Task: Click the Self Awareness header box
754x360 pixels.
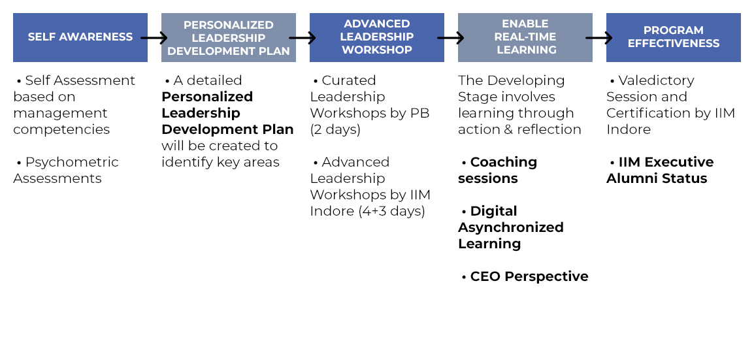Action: pyautogui.click(x=80, y=37)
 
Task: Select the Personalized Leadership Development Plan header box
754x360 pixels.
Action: pyautogui.click(x=229, y=37)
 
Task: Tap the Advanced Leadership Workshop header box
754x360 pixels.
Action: pyautogui.click(x=377, y=37)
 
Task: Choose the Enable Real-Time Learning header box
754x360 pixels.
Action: pyautogui.click(x=525, y=37)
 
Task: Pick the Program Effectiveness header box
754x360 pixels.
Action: pyautogui.click(x=673, y=37)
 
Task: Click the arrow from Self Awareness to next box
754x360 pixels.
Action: pyautogui.click(x=154, y=37)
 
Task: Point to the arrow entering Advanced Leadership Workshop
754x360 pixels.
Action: pyautogui.click(x=303, y=37)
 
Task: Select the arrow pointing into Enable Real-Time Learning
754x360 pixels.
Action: pyautogui.click(x=451, y=37)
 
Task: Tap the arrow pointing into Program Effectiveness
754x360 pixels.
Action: pyautogui.click(x=599, y=37)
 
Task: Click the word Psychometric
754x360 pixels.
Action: pyautogui.click(x=72, y=163)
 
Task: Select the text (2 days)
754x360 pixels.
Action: pyautogui.click(x=335, y=130)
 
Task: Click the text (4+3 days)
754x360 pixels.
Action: pyautogui.click(x=391, y=212)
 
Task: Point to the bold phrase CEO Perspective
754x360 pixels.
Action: pyautogui.click(x=529, y=276)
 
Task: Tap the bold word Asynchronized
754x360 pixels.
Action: pyautogui.click(x=511, y=227)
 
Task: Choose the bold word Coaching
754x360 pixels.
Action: pyautogui.click(x=504, y=163)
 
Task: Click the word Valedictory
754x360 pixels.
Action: pyautogui.click(x=657, y=80)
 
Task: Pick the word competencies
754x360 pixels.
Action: pyautogui.click(x=61, y=130)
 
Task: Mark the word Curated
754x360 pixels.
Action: pyautogui.click(x=349, y=80)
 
